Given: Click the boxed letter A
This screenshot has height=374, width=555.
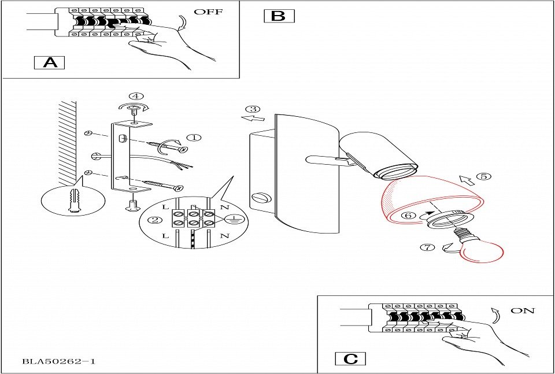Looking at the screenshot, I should (50, 62).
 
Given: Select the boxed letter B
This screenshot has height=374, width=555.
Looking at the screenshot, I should (279, 16).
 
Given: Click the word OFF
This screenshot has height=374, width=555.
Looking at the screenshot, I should (208, 12).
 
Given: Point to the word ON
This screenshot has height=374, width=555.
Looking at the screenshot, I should (523, 311).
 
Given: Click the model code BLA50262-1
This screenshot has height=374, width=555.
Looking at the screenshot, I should (58, 362).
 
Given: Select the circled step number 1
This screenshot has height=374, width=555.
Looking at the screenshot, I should (194, 138).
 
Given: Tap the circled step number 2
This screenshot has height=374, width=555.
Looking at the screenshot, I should (154, 220).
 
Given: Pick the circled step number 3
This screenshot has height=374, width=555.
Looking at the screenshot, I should (252, 109).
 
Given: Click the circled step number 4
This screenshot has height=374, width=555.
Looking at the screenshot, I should (136, 96).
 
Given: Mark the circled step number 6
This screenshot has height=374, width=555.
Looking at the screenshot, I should (408, 215).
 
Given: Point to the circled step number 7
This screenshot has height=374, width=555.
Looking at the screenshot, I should (428, 247).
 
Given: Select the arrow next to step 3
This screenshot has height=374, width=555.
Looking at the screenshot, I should (252, 119).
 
